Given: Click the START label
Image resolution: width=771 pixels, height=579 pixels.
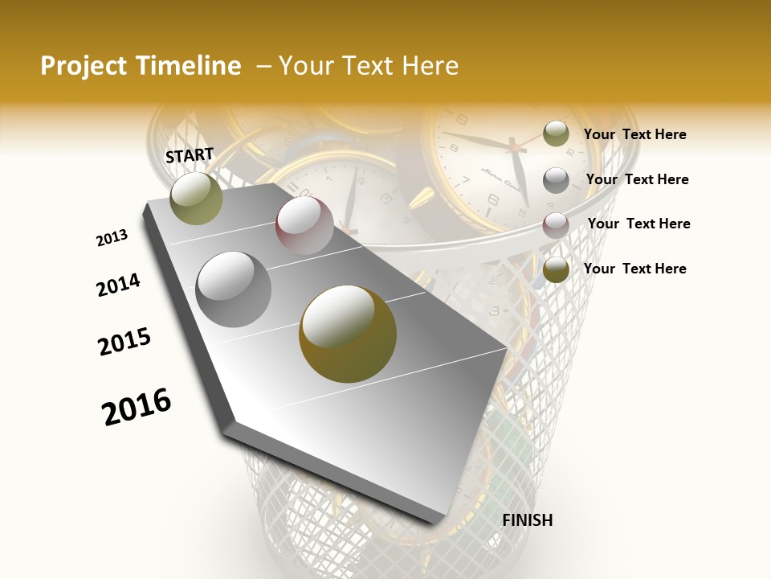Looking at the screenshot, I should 190,155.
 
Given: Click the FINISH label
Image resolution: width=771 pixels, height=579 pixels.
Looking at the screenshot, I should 527,520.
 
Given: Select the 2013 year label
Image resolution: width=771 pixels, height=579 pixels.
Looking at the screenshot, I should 112,238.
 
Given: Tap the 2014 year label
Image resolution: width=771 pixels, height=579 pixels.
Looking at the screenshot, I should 118,285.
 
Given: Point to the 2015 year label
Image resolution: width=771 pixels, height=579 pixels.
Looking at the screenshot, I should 124,342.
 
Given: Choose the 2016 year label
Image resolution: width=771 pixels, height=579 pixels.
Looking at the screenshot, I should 137,407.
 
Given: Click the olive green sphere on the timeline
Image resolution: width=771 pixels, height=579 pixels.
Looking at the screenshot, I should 197,198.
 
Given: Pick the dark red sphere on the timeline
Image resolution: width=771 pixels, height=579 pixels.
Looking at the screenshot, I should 304,226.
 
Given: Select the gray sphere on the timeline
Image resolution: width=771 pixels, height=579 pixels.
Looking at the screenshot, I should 234,289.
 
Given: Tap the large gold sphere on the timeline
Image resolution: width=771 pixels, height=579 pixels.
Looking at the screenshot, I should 348,334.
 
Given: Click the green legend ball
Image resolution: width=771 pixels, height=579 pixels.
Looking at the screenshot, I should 556,134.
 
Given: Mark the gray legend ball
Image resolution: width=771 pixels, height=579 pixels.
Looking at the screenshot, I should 556,180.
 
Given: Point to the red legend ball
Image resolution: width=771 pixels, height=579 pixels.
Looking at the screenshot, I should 556,225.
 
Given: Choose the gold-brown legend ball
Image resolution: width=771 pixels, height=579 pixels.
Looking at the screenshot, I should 556,270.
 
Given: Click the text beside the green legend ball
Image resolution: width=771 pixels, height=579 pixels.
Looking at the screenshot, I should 634,134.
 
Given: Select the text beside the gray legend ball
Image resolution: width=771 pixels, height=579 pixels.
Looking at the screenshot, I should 637,179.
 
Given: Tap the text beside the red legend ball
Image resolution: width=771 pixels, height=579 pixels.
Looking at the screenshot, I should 638,224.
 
